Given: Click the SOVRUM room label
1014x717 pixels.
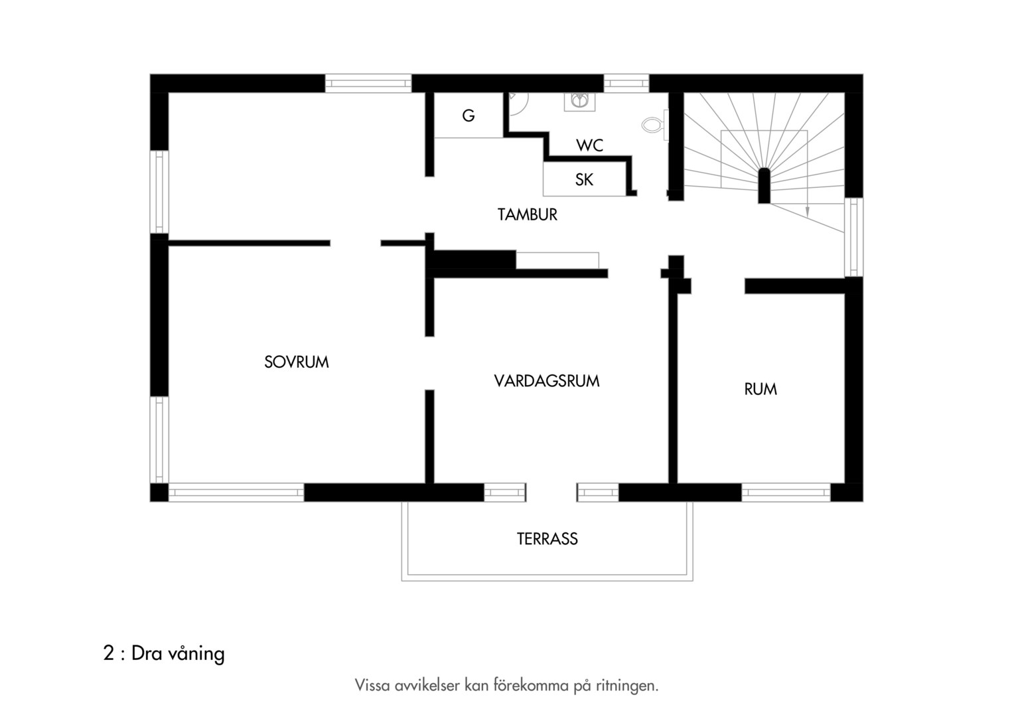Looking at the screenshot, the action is click(x=297, y=362).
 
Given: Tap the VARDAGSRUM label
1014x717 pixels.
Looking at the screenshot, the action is click(x=547, y=381).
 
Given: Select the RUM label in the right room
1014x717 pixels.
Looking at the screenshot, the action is click(x=760, y=389).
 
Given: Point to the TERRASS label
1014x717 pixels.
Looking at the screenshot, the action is click(x=547, y=538).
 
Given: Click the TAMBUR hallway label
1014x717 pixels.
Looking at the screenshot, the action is click(x=528, y=214).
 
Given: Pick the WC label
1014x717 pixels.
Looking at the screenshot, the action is click(x=589, y=145).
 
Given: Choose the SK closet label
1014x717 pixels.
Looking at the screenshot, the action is click(x=584, y=180).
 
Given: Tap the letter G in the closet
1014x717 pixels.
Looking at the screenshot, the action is click(x=469, y=116).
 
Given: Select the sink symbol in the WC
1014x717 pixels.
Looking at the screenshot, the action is click(x=579, y=100).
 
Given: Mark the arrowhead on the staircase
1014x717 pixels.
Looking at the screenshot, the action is click(x=807, y=212).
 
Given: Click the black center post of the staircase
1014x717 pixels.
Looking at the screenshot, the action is click(x=764, y=186).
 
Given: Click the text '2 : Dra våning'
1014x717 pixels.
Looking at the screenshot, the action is click(x=164, y=653).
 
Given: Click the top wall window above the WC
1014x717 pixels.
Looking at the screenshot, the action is click(x=626, y=84).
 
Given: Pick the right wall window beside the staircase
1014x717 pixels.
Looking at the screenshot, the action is click(x=854, y=237).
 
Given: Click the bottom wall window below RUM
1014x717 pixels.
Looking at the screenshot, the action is click(x=786, y=493).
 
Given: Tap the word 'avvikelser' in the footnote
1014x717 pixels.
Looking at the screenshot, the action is click(x=427, y=685).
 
